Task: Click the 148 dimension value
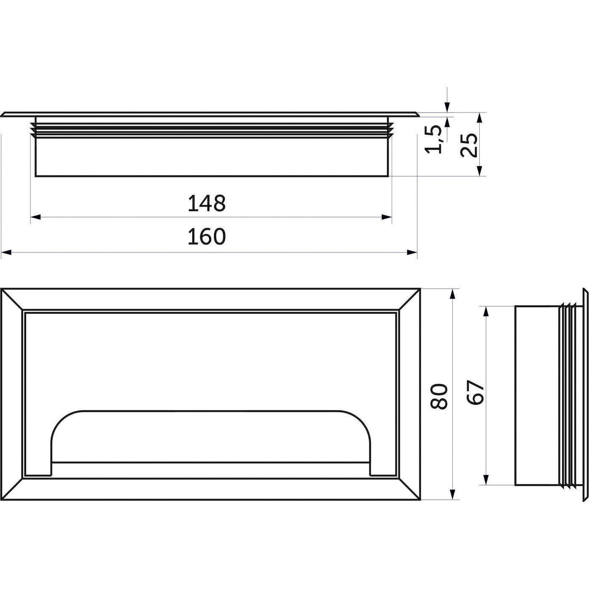[x=207, y=203]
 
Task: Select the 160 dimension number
[x=207, y=236]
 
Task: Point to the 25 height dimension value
[x=469, y=145]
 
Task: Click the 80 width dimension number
[x=439, y=396]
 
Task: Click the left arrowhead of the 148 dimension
[x=36, y=217]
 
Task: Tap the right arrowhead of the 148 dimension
[x=387, y=217]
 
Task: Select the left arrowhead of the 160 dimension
[x=6, y=252]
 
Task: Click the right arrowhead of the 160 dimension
[x=412, y=252]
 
